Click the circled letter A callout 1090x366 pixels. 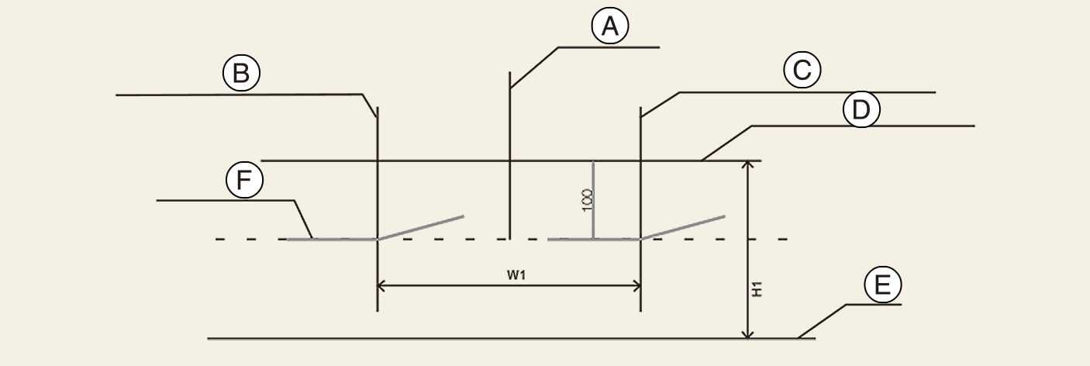[610, 27]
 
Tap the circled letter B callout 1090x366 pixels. [241, 74]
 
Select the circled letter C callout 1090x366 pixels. [802, 71]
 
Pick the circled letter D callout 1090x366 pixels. [861, 111]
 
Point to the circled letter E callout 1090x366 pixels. [882, 286]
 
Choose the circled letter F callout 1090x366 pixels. [244, 181]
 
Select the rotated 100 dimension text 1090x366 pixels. [588, 199]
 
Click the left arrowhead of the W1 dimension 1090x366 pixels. [382, 285]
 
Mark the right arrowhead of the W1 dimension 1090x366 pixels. [636, 285]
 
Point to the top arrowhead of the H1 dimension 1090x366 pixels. [747, 166]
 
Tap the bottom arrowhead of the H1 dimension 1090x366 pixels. [747, 333]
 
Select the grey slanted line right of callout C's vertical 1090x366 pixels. [683, 227]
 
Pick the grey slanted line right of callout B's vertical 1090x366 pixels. [420, 227]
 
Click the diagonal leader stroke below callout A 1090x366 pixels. [534, 67]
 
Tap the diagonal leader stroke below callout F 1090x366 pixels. [303, 219]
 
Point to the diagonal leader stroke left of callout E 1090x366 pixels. [822, 321]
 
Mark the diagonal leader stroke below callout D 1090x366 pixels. [726, 143]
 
